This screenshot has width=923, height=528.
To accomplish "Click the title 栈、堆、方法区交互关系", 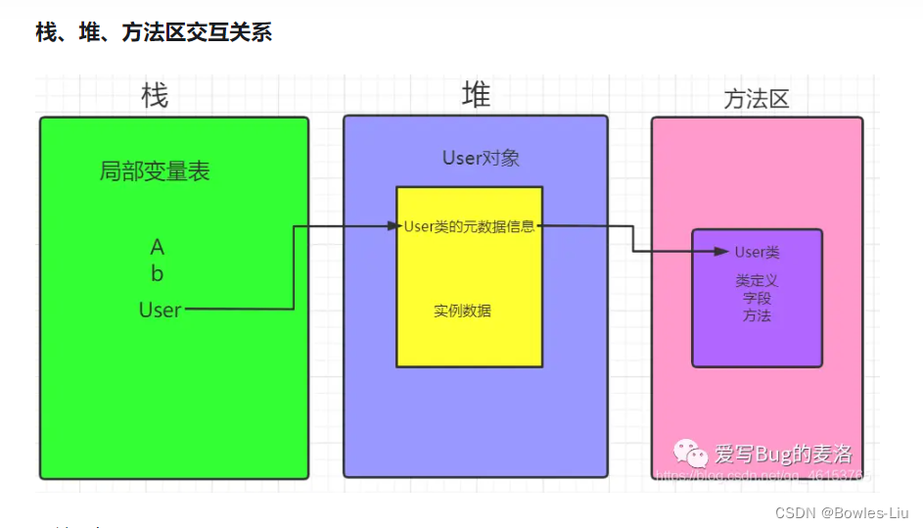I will (154, 32).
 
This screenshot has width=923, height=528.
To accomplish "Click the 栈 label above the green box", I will (154, 96).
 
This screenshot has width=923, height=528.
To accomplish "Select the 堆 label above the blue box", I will (476, 95).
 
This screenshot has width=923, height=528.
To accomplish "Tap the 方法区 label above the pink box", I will (756, 99).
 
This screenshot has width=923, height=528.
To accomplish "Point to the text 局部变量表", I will (155, 171).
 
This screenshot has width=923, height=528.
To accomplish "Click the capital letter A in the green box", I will (158, 247).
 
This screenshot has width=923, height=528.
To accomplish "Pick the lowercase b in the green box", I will (158, 274).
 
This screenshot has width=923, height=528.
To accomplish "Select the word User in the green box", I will (161, 310).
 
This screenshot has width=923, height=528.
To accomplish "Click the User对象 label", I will (481, 158).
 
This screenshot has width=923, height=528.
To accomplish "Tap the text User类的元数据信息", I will (469, 226).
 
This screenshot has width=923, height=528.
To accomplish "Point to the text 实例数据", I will (462, 311).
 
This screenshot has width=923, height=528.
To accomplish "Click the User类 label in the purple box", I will (758, 253).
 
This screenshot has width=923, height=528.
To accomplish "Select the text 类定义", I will (757, 280).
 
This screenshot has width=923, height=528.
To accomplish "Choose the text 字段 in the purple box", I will (757, 298).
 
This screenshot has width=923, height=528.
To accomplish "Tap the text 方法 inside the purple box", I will (757, 315).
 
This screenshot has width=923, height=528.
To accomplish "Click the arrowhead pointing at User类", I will (724, 252).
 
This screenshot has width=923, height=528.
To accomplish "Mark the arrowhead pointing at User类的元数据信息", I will (394, 226).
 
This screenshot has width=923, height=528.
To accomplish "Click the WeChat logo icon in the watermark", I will (689, 453).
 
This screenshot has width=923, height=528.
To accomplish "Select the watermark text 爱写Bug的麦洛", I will (783, 454).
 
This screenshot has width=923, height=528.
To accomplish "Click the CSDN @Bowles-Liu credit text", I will (841, 512).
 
